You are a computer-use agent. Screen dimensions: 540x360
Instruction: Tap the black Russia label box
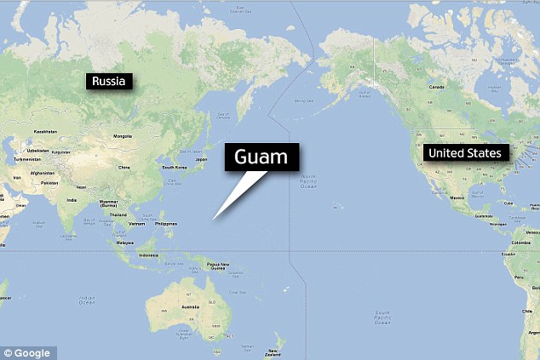[109, 82]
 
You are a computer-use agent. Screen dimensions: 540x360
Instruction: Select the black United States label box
[466, 153]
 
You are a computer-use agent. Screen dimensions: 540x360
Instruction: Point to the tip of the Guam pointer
[214, 220]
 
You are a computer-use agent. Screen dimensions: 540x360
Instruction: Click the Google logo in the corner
[28, 351]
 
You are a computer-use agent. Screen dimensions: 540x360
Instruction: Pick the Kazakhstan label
[45, 132]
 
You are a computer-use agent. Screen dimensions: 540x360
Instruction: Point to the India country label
[72, 201]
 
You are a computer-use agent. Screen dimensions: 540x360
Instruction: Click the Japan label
[201, 159]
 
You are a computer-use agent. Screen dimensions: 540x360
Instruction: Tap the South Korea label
[175, 167]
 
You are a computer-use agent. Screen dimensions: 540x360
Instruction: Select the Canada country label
[437, 87]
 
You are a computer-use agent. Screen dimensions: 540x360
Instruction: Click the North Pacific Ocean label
[307, 180]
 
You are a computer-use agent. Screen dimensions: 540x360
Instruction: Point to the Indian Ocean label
[85, 300]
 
